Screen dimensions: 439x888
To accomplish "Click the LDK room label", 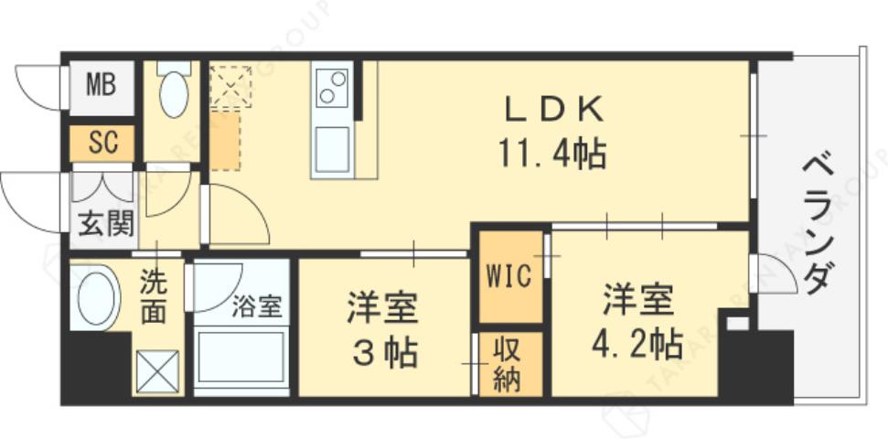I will click(555, 111).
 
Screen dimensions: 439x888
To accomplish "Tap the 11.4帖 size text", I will click(552, 153).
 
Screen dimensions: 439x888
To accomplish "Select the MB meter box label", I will click(101, 87).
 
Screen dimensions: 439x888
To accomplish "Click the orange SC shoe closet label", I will click(102, 143).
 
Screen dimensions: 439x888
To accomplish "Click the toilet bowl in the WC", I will click(174, 91).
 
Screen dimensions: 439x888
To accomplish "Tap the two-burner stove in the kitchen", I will click(332, 88).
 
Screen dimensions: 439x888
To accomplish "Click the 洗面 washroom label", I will click(154, 298).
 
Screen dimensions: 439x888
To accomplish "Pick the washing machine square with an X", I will click(157, 371).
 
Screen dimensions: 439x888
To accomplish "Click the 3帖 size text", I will click(383, 350).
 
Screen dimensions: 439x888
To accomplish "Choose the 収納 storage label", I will click(508, 364).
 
